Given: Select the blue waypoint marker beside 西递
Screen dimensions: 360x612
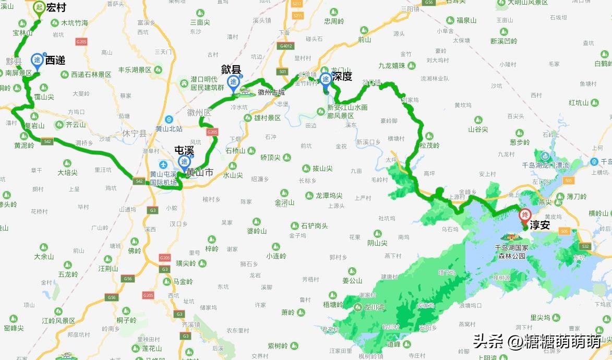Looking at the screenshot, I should (x=37, y=61).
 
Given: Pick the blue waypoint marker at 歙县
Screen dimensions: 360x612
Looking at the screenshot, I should (x=233, y=82).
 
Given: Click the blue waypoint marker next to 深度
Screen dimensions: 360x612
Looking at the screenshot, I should (x=326, y=79).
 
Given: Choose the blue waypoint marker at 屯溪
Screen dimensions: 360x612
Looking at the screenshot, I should (x=184, y=162).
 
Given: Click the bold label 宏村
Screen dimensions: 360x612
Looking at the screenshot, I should (x=57, y=8).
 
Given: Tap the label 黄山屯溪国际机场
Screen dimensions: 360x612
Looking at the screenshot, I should (x=163, y=179).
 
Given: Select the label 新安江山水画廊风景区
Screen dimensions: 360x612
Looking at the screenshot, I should (x=347, y=111).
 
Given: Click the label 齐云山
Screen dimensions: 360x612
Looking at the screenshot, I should (x=76, y=125).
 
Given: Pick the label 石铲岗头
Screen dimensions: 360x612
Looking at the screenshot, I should (x=314, y=226).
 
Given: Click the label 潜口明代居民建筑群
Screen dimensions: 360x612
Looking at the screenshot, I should (x=207, y=84).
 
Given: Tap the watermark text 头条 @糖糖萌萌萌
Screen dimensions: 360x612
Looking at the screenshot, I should (x=537, y=342).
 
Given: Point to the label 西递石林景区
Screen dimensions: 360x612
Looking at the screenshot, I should (x=91, y=75).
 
